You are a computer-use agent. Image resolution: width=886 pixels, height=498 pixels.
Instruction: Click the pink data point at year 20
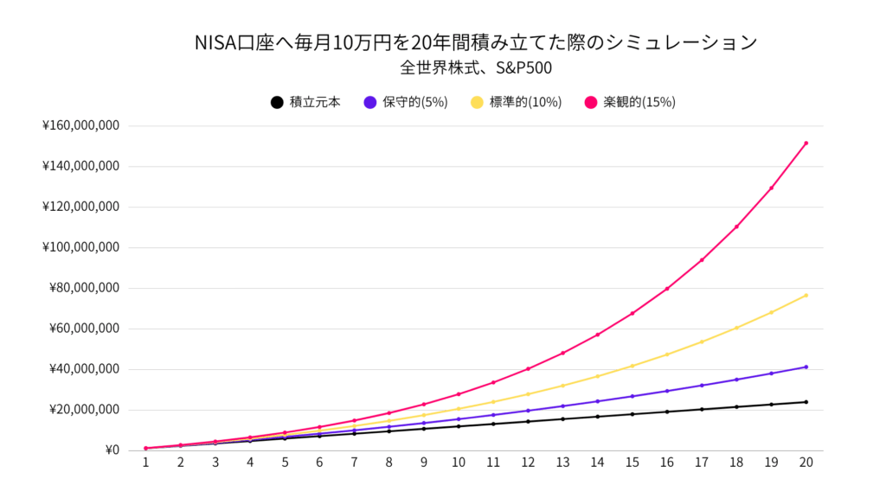tap(806, 144)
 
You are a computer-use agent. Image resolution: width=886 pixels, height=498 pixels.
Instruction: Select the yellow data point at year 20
tap(806, 296)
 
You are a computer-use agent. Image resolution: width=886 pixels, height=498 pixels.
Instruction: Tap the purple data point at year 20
tap(806, 367)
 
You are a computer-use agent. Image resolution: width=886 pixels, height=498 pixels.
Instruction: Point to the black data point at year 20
tap(806, 402)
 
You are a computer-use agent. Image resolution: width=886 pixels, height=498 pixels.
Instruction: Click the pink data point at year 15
tap(632, 313)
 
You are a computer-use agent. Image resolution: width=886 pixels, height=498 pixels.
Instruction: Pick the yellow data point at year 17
tap(702, 342)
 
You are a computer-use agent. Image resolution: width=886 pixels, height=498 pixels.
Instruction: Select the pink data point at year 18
tap(736, 227)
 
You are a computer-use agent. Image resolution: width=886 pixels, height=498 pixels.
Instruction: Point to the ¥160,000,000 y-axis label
tap(80, 126)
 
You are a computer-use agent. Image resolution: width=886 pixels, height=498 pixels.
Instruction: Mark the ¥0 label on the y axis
tap(111, 450)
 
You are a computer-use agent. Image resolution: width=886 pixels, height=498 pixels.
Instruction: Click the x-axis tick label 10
tap(458, 463)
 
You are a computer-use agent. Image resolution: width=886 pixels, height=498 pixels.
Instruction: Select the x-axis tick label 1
tap(145, 463)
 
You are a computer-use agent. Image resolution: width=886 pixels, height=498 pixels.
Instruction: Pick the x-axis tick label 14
tap(597, 463)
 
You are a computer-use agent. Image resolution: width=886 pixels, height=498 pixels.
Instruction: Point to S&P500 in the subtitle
tap(523, 67)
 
